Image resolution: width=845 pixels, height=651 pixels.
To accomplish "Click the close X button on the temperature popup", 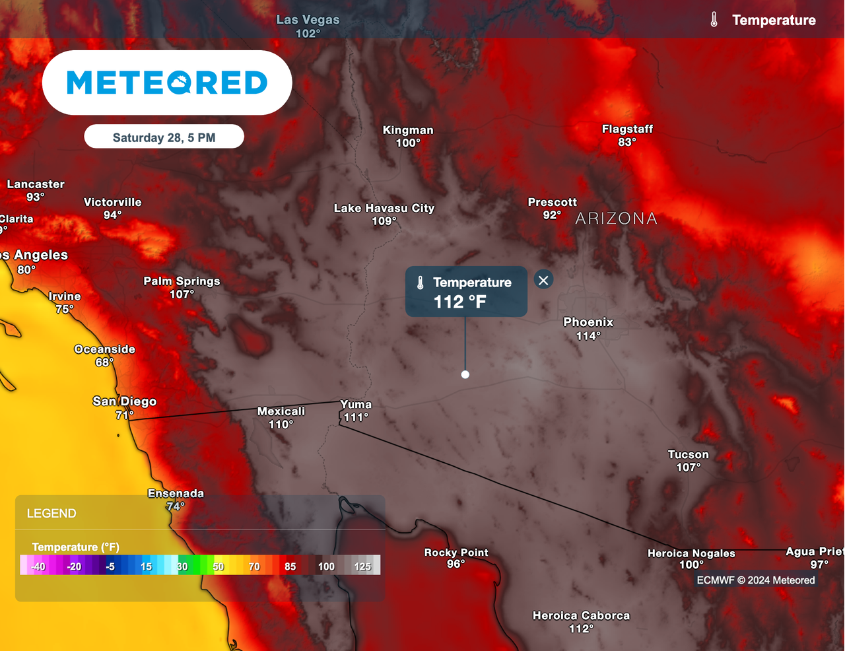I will (x=543, y=281).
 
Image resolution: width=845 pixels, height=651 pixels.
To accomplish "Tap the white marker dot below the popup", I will (x=465, y=374).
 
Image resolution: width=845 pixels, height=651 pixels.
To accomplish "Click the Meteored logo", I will (x=167, y=83).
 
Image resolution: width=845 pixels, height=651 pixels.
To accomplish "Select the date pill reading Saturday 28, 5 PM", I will (x=164, y=137).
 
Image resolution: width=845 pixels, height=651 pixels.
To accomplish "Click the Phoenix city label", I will (x=588, y=322).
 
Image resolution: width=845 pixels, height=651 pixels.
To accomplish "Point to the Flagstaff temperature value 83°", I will (x=627, y=142).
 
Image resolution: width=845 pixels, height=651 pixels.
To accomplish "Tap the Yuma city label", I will (x=356, y=404).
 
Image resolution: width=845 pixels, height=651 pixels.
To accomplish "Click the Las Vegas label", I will (x=308, y=20).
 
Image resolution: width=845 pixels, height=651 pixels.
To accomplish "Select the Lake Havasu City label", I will (x=384, y=208).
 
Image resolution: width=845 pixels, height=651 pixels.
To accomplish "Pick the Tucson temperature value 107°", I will (x=689, y=467).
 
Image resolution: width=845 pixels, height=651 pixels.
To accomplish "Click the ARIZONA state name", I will (x=616, y=219).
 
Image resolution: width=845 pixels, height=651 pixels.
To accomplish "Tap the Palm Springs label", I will (x=182, y=281).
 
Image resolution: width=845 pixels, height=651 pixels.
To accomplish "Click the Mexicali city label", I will (x=281, y=411).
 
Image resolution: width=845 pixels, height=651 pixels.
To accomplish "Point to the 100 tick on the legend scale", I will (x=326, y=566).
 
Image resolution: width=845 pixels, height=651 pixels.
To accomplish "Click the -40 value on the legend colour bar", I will (x=38, y=566).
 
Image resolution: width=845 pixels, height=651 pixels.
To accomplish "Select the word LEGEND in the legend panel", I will (x=51, y=514).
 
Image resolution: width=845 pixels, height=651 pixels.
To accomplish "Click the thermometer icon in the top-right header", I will (x=714, y=20).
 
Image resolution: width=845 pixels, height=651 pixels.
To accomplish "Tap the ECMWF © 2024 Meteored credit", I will (x=756, y=580).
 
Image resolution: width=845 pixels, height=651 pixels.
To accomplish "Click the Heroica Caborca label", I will (x=581, y=615).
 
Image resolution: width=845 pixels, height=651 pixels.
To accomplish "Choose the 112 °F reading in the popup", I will (x=460, y=302).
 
